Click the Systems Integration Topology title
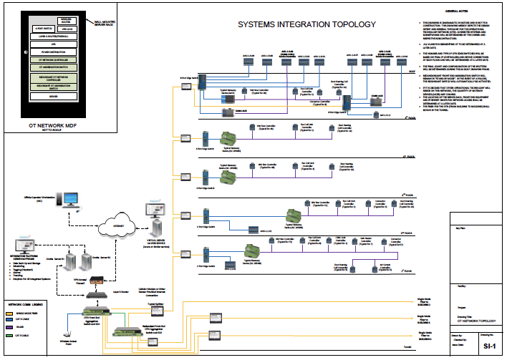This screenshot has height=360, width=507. [306, 24]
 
